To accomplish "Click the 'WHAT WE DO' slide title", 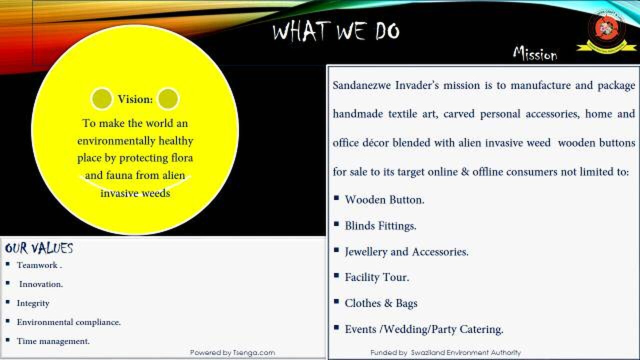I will [x=336, y=32].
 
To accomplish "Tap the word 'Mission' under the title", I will [x=534, y=54].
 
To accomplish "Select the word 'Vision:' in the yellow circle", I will [x=135, y=99].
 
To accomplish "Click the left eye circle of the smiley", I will [x=101, y=98].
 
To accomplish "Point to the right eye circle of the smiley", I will [x=168, y=98].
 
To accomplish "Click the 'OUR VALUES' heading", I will [x=39, y=248].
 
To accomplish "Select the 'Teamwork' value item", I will [x=39, y=265].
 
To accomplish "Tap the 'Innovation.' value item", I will [x=41, y=284].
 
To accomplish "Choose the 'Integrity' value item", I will [x=33, y=303].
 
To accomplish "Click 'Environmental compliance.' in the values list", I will [x=68, y=322].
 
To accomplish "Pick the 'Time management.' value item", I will [x=53, y=341].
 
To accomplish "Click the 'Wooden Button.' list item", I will [x=384, y=199].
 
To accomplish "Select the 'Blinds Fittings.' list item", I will [x=380, y=225].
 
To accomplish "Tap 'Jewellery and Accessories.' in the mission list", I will [x=406, y=251].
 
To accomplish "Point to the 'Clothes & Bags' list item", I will [x=380, y=303].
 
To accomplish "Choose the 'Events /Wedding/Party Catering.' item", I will [x=423, y=329].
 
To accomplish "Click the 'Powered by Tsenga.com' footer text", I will [x=232, y=352].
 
